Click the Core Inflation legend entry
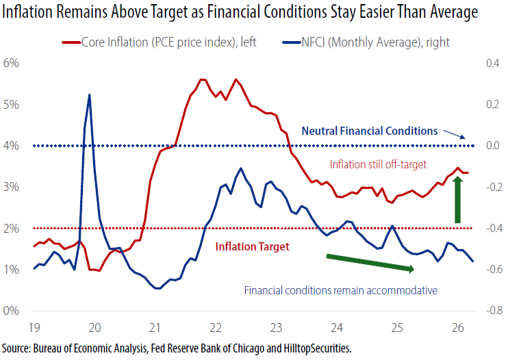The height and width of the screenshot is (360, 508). [159, 42]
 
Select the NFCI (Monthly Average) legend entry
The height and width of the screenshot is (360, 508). [366, 42]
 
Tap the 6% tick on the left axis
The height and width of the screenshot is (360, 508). [11, 63]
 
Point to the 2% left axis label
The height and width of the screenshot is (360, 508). [11, 229]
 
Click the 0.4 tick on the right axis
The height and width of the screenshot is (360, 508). [493, 63]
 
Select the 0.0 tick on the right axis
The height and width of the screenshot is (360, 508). [493, 145]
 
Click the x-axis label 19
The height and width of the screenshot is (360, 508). [34, 328]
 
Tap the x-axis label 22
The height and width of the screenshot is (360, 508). [216, 328]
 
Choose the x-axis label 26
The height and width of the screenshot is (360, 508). [458, 328]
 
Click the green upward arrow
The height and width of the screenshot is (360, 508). [457, 200]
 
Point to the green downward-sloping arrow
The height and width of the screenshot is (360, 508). [370, 263]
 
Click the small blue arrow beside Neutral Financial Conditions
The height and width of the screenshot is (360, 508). [454, 134]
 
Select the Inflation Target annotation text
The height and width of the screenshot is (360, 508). [253, 246]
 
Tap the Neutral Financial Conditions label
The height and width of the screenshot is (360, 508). [370, 131]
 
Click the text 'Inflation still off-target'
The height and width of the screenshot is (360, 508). [378, 164]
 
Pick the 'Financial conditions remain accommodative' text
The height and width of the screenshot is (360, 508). [341, 290]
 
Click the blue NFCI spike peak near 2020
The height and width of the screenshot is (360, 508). [90, 95]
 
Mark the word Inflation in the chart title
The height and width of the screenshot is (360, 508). [27, 12]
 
